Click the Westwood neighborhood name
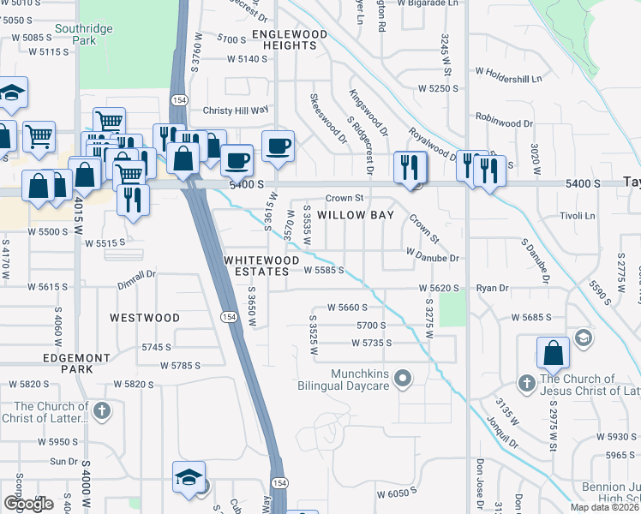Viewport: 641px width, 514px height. pyautogui.click(x=145, y=318)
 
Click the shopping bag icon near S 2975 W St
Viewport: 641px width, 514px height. pyautogui.click(x=554, y=353)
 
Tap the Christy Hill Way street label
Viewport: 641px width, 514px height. pyautogui.click(x=236, y=111)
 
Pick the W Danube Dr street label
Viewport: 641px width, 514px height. pyautogui.click(x=433, y=258)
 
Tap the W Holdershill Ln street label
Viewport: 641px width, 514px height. pyautogui.click(x=509, y=79)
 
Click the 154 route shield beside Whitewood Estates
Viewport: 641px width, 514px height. pyautogui.click(x=228, y=317)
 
